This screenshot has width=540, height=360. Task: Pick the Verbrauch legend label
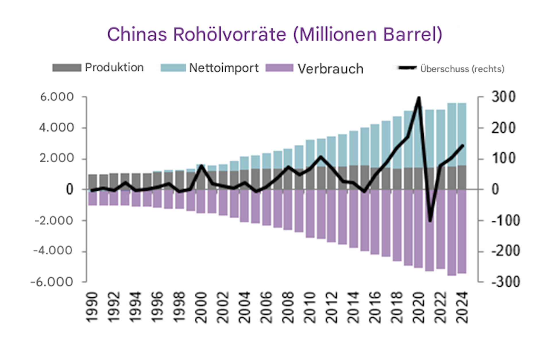pyautogui.click(x=330, y=69)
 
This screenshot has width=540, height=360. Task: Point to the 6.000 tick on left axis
pyautogui.click(x=57, y=97)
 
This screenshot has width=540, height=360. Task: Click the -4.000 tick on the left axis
pyautogui.click(x=53, y=251)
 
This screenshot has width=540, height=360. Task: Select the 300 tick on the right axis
pyautogui.click(x=503, y=97)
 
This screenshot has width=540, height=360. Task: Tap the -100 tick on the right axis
pyautogui.click(x=505, y=221)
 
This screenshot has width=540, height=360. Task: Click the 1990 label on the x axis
pyautogui.click(x=92, y=307)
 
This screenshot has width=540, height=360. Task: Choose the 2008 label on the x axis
pyautogui.click(x=288, y=307)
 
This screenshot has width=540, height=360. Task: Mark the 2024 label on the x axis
pyautogui.click(x=462, y=307)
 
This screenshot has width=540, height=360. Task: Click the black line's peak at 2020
pyautogui.click(x=419, y=98)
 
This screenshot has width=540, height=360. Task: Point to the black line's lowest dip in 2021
pyautogui.click(x=430, y=221)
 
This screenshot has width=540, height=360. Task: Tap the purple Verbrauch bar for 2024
pyautogui.click(x=462, y=231)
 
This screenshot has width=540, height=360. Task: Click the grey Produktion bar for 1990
pyautogui.click(x=92, y=182)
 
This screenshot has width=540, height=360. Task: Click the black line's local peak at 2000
pyautogui.click(x=201, y=166)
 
